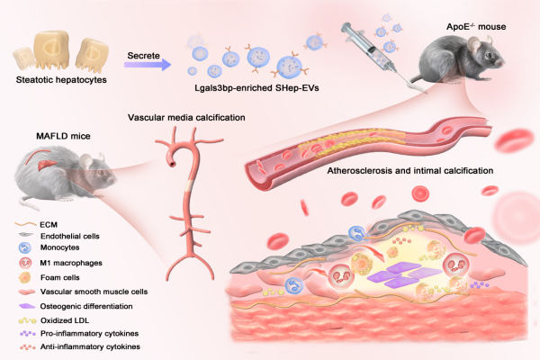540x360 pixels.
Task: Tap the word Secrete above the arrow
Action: point(144,51)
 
